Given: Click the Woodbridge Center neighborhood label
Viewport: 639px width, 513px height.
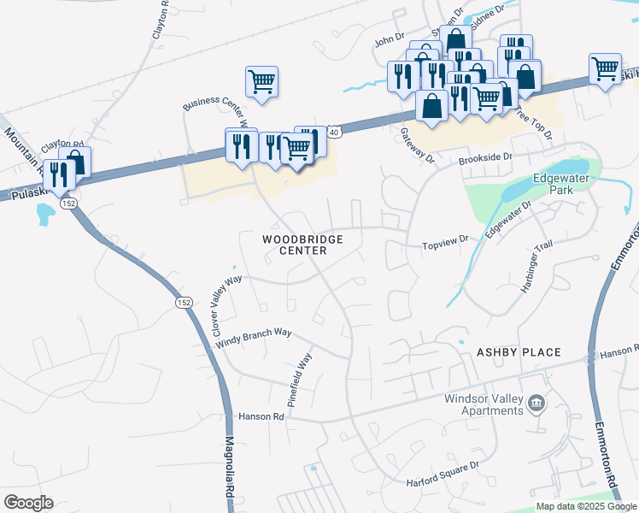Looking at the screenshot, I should tap(302, 245).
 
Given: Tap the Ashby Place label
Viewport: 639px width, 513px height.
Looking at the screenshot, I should tap(519, 352).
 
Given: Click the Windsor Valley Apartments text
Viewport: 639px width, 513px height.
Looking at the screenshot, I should tap(484, 404).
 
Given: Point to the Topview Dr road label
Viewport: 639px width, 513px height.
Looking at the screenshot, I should tap(446, 245).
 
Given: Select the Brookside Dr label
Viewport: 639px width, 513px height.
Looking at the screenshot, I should tap(484, 158).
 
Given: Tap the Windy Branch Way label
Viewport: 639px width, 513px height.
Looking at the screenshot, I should tap(254, 337).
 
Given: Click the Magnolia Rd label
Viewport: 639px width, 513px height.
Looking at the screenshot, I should tap(230, 470).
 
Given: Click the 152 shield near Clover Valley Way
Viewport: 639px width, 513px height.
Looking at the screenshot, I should tap(184, 303).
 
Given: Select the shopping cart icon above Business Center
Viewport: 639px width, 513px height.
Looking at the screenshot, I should tap(261, 82).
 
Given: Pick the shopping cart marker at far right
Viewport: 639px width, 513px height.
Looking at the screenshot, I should tap(606, 68).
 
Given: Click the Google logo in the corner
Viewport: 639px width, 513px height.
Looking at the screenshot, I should tap(28, 503).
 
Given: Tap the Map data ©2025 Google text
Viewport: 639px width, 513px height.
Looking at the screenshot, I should tap(586, 506).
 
